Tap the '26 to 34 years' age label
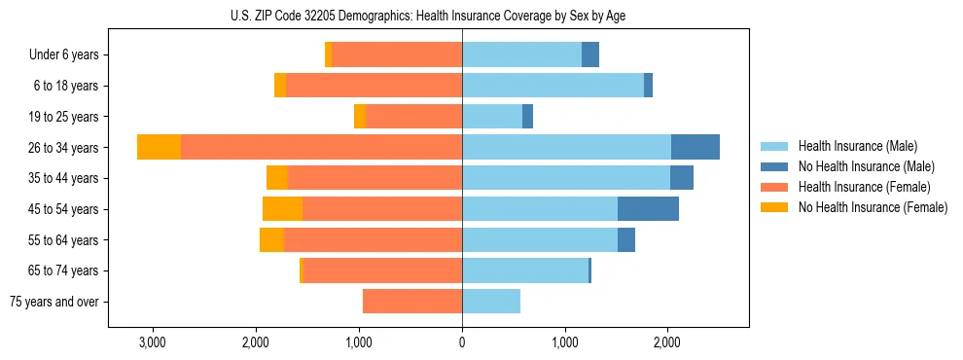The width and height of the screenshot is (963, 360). (64, 148)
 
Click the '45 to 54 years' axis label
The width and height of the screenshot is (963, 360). (64, 209)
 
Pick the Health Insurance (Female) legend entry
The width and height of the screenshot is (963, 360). (865, 187)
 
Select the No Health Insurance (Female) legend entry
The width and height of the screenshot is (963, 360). (873, 207)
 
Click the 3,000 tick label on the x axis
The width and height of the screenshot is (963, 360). (153, 342)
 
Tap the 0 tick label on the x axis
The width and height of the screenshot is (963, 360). (462, 342)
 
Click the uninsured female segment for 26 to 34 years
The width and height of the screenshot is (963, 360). (159, 147)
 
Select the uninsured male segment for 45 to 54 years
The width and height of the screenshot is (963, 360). (648, 208)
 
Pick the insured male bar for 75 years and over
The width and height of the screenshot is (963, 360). (491, 302)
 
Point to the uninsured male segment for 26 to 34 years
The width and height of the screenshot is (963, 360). (695, 147)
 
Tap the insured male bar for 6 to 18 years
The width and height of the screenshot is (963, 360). (553, 86)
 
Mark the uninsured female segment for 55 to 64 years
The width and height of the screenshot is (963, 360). (271, 239)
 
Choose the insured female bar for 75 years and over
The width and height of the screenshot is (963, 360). (412, 302)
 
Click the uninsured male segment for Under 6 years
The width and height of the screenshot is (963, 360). (590, 54)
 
